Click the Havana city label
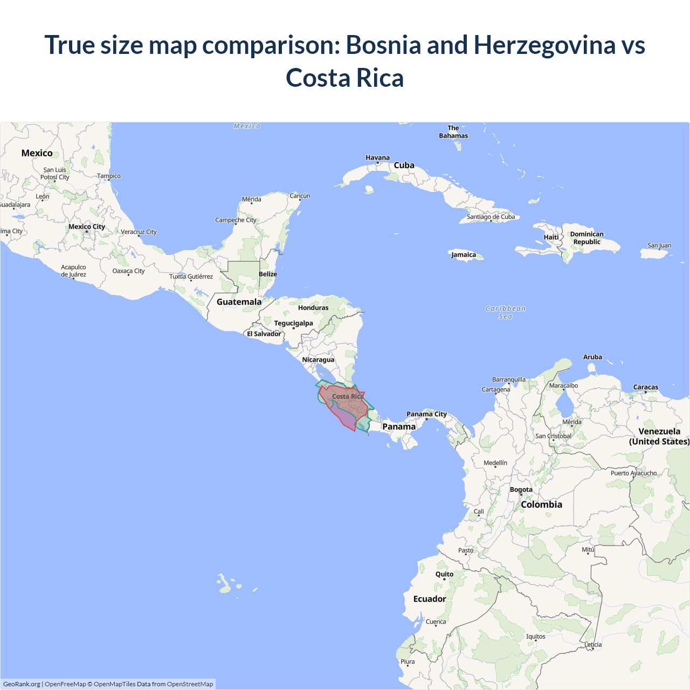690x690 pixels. coord(377,157)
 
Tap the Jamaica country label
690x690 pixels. coord(464,255)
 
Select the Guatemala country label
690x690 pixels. coord(239,302)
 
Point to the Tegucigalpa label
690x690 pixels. coord(293,323)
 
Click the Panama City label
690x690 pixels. coord(426,414)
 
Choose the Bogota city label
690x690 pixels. coord(521,489)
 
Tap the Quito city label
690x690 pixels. coord(444,574)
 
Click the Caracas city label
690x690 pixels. coord(645,387)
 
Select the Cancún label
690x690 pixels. coord(300,196)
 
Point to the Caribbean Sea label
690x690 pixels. coord(505,312)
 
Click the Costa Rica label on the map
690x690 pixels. coord(347,396)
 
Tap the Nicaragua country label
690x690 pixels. coord(318,360)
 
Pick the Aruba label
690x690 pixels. coord(592,357)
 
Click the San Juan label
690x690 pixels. coord(659,245)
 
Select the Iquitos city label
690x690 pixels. coord(535,637)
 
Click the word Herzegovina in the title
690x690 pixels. coord(544,45)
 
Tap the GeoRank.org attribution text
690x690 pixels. coord(22,684)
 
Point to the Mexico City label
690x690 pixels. coord(87,226)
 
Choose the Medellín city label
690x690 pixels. coord(495,463)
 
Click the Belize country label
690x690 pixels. coord(268,274)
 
